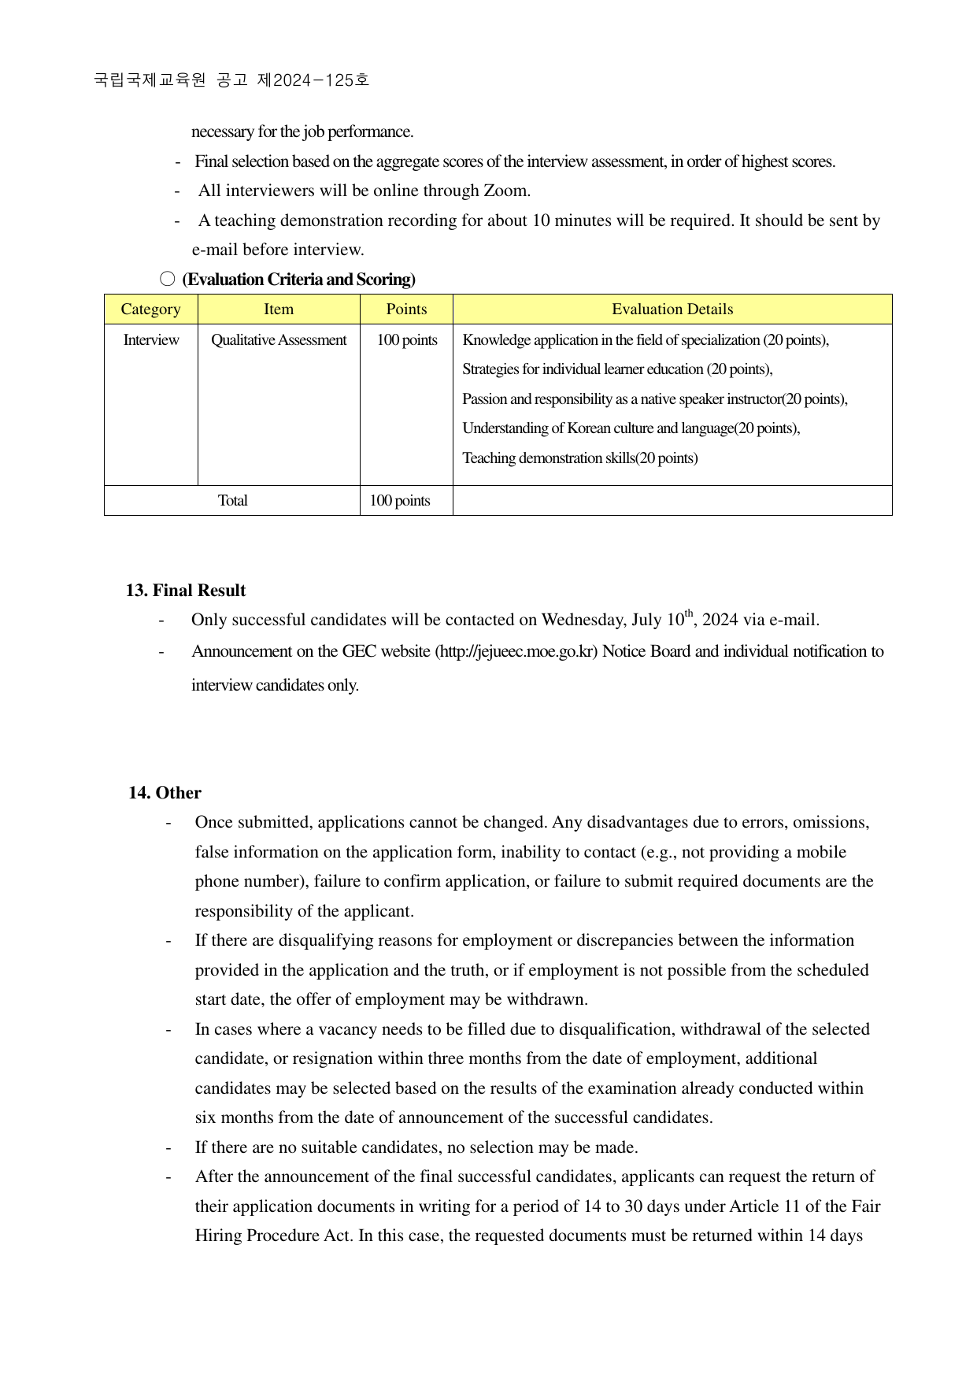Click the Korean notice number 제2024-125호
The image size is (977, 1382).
click(x=313, y=80)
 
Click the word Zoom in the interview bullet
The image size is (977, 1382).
click(x=505, y=191)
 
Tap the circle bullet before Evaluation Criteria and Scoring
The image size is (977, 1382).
click(x=167, y=279)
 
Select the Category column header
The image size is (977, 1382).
click(x=150, y=309)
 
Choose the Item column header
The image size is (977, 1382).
click(x=279, y=309)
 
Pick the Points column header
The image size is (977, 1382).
click(x=406, y=309)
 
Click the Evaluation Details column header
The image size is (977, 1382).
click(x=672, y=309)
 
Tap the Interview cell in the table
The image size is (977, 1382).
click(x=151, y=340)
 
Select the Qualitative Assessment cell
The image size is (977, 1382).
click(x=279, y=340)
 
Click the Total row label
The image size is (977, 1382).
click(x=232, y=501)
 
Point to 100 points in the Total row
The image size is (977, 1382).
click(x=400, y=501)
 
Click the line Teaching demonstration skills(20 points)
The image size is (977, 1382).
click(x=579, y=458)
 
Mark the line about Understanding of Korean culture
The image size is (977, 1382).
click(x=631, y=428)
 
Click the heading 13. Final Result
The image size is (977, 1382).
click(x=186, y=591)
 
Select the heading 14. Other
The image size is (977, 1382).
click(x=165, y=793)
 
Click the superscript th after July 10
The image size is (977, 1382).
click(x=689, y=613)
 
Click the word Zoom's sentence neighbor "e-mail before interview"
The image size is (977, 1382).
click(x=278, y=250)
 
